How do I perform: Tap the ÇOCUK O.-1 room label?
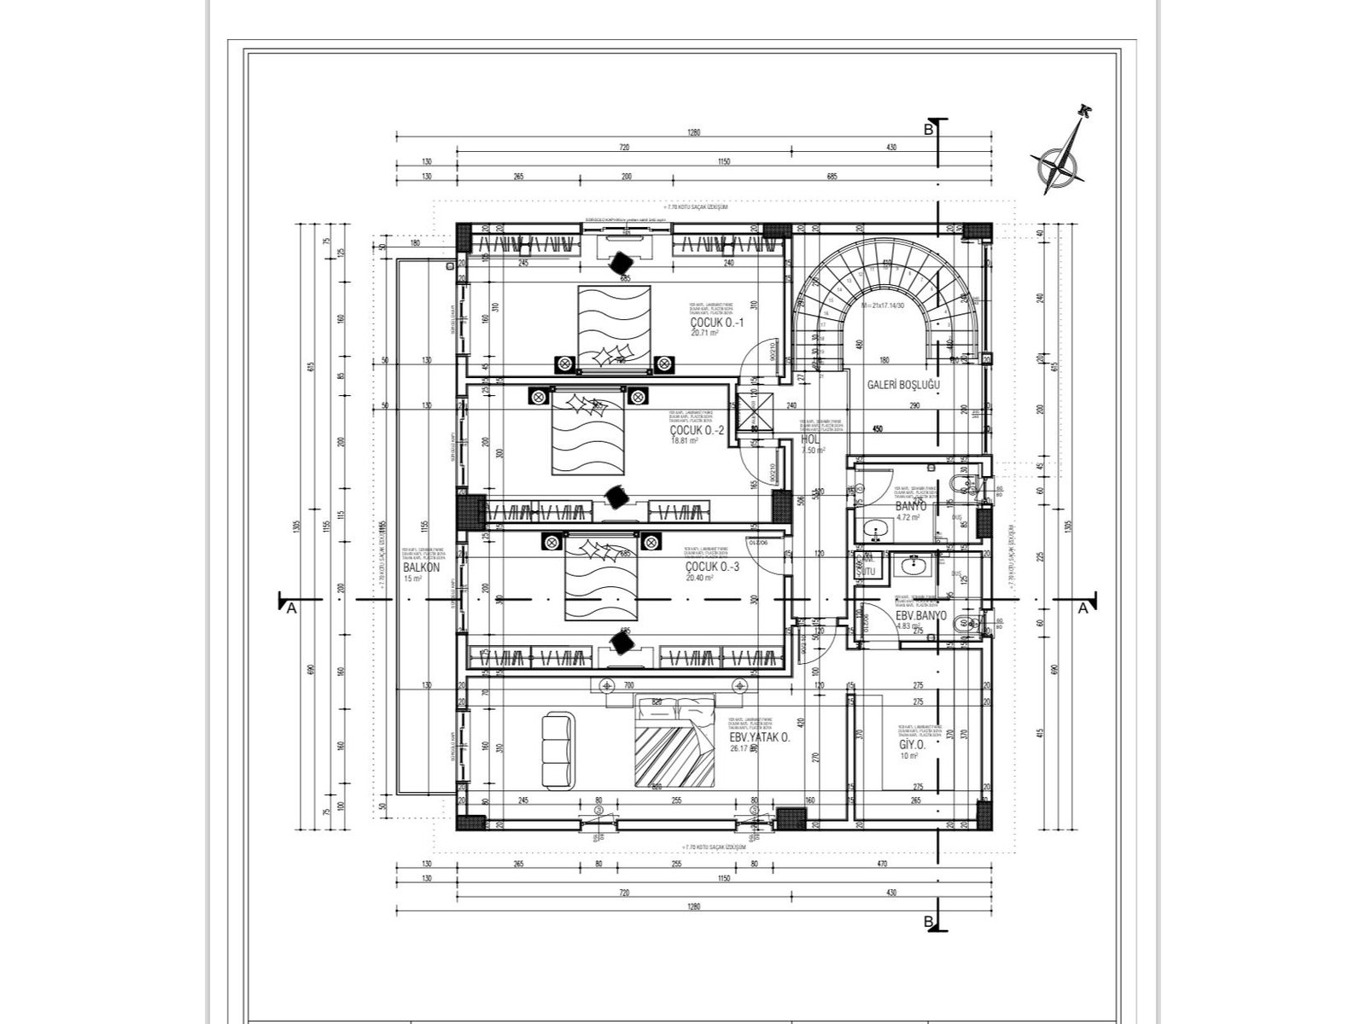pyautogui.click(x=717, y=323)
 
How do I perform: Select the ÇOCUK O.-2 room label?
pyautogui.click(x=698, y=430)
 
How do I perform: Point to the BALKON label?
pyautogui.click(x=420, y=567)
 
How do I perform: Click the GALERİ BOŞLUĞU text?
pyautogui.click(x=902, y=385)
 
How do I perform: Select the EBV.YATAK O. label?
pyautogui.click(x=759, y=738)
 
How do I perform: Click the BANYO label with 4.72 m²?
pyautogui.click(x=911, y=506)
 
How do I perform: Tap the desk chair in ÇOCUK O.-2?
pyautogui.click(x=616, y=495)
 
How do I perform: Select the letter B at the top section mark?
pyautogui.click(x=927, y=130)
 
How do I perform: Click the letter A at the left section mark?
pyautogui.click(x=291, y=608)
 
